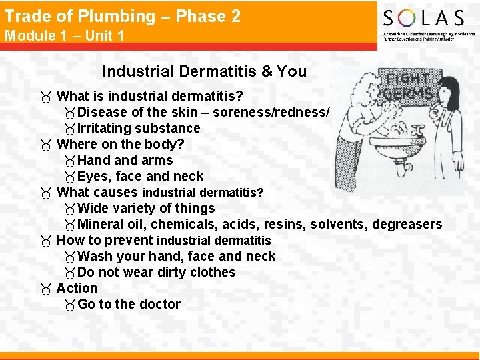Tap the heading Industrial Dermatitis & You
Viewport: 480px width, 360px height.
coord(204,71)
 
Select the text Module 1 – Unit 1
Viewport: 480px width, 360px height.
coord(65,35)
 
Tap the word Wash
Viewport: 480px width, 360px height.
coord(95,256)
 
